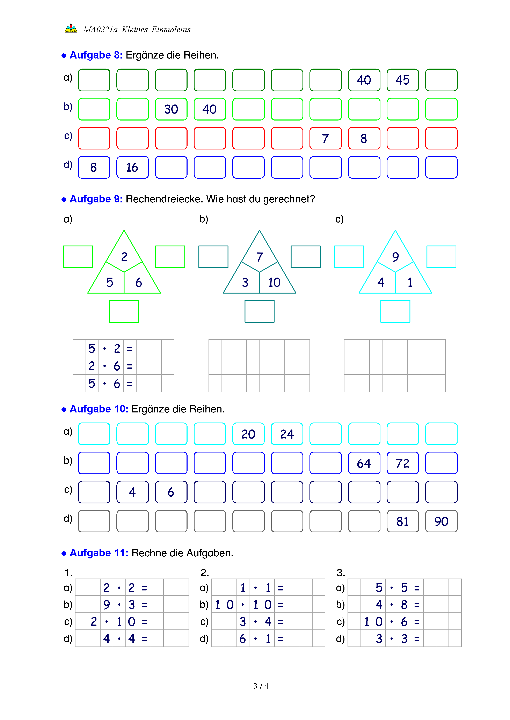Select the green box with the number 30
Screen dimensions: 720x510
pos(171,109)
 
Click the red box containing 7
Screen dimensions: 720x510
pos(325,138)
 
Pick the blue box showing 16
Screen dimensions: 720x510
pos(132,168)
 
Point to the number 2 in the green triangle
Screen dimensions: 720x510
pos(124,257)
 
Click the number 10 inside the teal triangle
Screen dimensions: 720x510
pos(274,282)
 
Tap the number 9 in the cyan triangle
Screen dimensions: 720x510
pos(395,257)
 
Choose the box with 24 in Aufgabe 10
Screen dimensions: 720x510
pos(287,434)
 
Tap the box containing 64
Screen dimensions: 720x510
pos(364,463)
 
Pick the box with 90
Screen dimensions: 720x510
pos(441,521)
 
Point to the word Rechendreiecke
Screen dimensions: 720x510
pos(164,199)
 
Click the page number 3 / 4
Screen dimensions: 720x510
pos(261,686)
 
